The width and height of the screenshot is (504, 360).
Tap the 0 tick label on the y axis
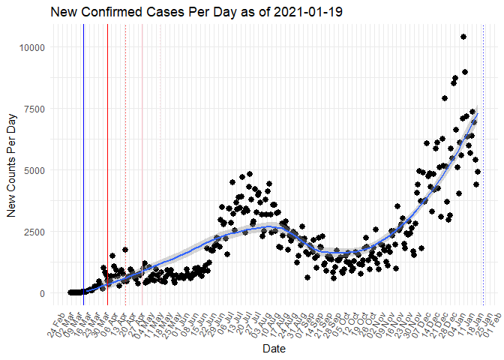coord(42,293)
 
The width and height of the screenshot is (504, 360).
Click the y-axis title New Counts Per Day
coord(11,170)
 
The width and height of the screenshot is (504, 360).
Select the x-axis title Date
coord(273,349)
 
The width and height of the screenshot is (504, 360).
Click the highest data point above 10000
coord(464,37)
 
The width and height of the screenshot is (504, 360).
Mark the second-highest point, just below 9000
coord(465,72)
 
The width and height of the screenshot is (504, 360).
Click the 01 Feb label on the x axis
coord(494,318)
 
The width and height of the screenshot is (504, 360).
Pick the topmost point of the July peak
coord(250,174)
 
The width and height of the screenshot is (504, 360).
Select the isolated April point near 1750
coord(125,250)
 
